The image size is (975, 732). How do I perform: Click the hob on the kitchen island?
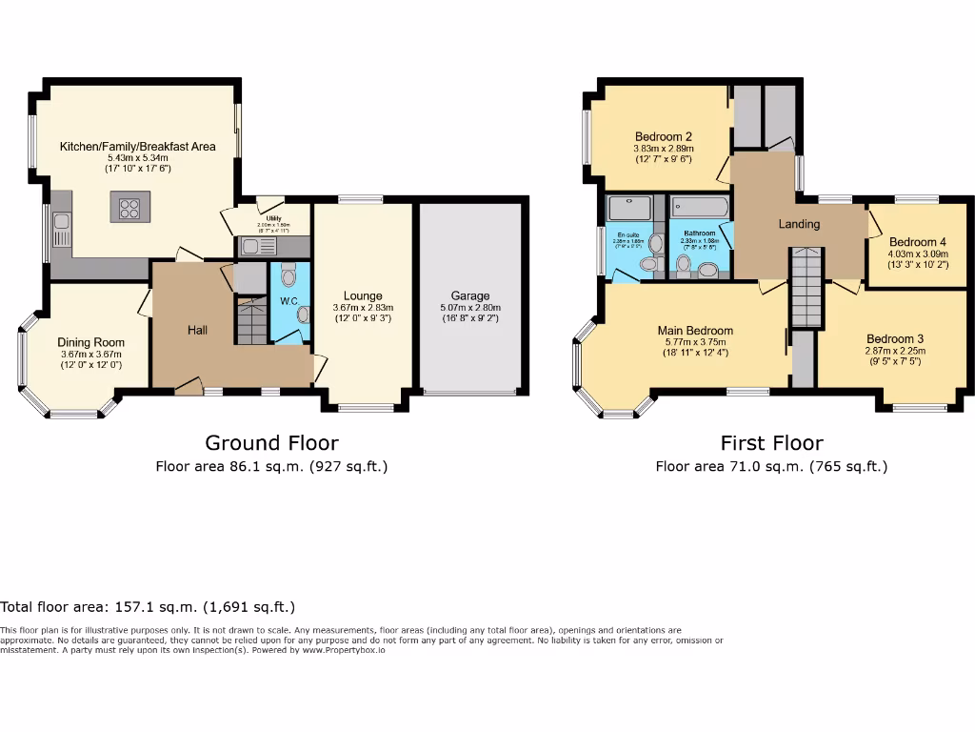pos(129,207)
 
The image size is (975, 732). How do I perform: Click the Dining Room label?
pos(90,343)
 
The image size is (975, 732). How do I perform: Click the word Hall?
pos(198,330)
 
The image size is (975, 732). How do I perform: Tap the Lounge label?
pos(363,296)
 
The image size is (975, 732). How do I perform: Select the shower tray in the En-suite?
pos(628,208)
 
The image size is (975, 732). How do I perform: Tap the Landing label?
pos(798,224)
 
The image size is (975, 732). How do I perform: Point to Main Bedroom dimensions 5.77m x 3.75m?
pos(695,342)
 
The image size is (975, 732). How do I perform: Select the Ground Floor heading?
pos(271,442)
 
